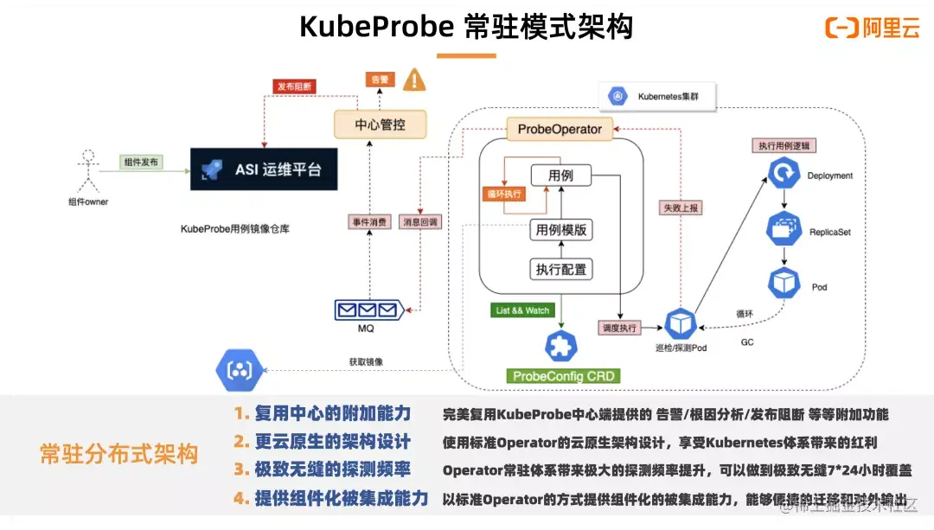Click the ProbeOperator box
click(560, 129)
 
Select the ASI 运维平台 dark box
click(265, 169)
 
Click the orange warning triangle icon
click(415, 80)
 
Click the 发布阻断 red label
click(296, 86)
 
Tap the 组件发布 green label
click(142, 161)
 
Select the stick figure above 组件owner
click(86, 171)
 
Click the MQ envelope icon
click(369, 309)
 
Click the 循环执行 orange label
click(503, 195)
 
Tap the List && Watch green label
click(523, 310)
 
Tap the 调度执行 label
click(619, 328)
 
